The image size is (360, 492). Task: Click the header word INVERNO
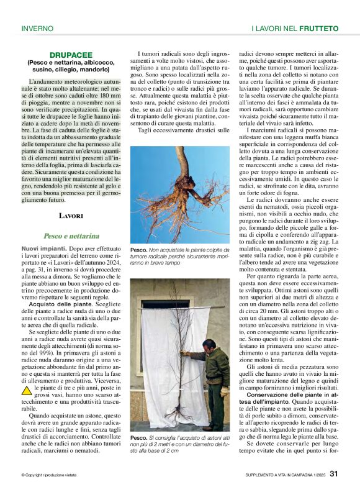(x=37, y=29)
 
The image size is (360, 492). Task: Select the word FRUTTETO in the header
(x=318, y=29)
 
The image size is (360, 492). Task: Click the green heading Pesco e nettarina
(x=71, y=236)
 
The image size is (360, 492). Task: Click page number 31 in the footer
(x=333, y=473)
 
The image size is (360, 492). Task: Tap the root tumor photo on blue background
(x=179, y=194)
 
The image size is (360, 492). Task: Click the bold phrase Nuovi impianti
(x=42, y=248)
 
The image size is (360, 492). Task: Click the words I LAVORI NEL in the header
(x=273, y=29)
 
